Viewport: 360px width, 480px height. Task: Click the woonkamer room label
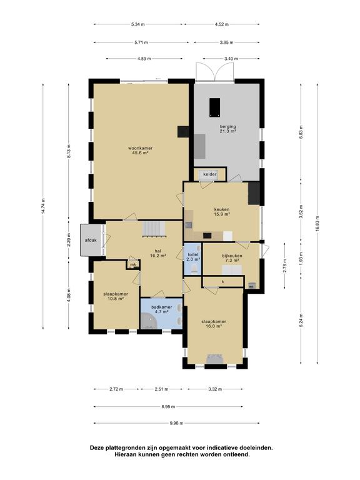pos(140,150)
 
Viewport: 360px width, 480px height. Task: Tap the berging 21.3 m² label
pos(227,129)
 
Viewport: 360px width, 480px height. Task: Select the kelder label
pos(210,174)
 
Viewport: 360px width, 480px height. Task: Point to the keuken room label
pos(222,212)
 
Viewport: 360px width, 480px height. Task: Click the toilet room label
pos(193,256)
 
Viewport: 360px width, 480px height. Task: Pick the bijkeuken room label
pos(232,258)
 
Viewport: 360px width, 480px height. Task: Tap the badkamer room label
pos(161,309)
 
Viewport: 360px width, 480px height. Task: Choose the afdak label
pos(91,240)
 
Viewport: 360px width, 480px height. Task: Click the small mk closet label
pos(133,264)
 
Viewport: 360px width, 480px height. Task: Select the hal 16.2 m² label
pos(158,253)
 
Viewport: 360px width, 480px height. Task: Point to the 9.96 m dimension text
pos(177,423)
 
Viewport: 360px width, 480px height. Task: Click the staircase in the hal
pos(154,229)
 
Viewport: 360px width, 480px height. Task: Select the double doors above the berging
pos(216,72)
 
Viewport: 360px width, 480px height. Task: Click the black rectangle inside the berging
pos(214,107)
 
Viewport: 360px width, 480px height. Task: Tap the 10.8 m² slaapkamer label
pos(116,296)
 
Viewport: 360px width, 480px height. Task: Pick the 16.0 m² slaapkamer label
pos(214,324)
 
